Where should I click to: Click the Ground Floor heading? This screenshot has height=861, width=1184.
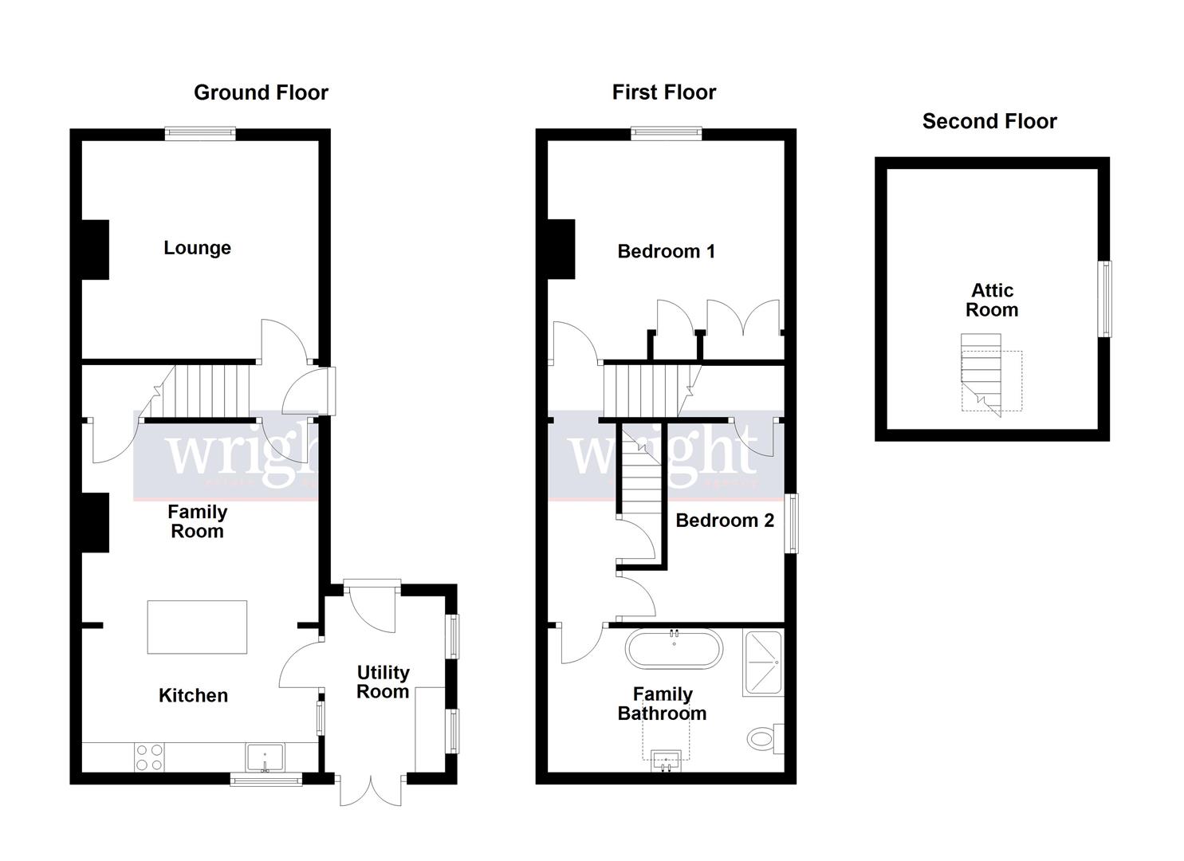pyautogui.click(x=261, y=92)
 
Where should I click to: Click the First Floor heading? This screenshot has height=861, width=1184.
pyautogui.click(x=663, y=92)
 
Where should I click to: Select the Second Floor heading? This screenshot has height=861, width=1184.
pyautogui.click(x=989, y=121)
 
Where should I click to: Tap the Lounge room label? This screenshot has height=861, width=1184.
pyautogui.click(x=197, y=248)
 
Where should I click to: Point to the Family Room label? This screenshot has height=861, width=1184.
pyautogui.click(x=197, y=521)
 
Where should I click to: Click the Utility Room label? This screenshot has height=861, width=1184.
pyautogui.click(x=383, y=682)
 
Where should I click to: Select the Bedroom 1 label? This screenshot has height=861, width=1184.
pyautogui.click(x=666, y=251)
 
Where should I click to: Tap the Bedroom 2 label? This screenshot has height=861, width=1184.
pyautogui.click(x=724, y=521)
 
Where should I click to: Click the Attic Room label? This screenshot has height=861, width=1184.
pyautogui.click(x=992, y=300)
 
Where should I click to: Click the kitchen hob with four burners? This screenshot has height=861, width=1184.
pyautogui.click(x=148, y=757)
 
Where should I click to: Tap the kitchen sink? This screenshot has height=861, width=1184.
pyautogui.click(x=265, y=757)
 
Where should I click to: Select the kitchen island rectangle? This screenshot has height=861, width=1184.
pyautogui.click(x=197, y=627)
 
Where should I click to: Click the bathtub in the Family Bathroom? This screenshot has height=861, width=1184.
pyautogui.click(x=674, y=649)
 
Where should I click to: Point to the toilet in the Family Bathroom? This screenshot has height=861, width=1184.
pyautogui.click(x=765, y=738)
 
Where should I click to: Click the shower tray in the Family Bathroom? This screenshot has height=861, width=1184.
pyautogui.click(x=763, y=662)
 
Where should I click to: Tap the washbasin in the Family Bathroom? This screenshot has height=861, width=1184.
pyautogui.click(x=666, y=760)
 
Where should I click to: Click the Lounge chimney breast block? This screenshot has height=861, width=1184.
pyautogui.click(x=96, y=249)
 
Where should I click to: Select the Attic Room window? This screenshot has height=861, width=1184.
pyautogui.click(x=1105, y=299)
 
